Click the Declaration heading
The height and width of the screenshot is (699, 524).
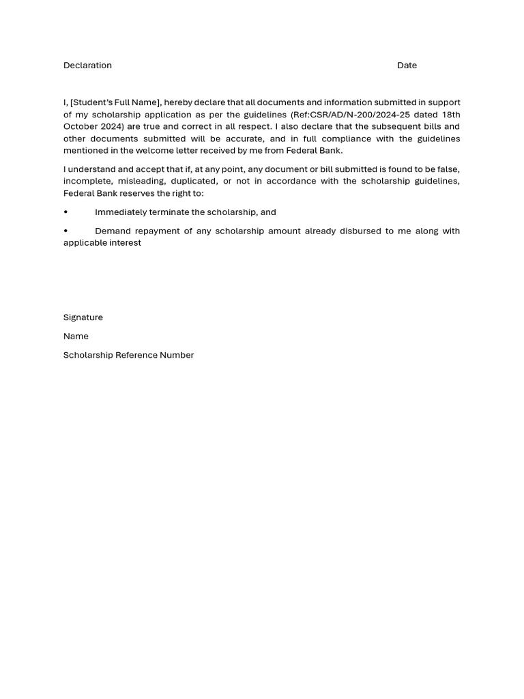click(x=87, y=66)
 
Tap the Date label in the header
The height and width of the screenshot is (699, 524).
click(x=407, y=66)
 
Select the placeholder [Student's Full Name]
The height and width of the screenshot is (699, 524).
click(x=115, y=102)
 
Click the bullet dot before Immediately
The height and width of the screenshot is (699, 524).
click(x=65, y=212)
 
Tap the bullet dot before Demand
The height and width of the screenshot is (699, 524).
click(x=65, y=231)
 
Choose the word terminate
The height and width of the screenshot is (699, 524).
click(x=168, y=212)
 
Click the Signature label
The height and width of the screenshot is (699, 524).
click(x=83, y=317)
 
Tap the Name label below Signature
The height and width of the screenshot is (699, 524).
click(x=76, y=336)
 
